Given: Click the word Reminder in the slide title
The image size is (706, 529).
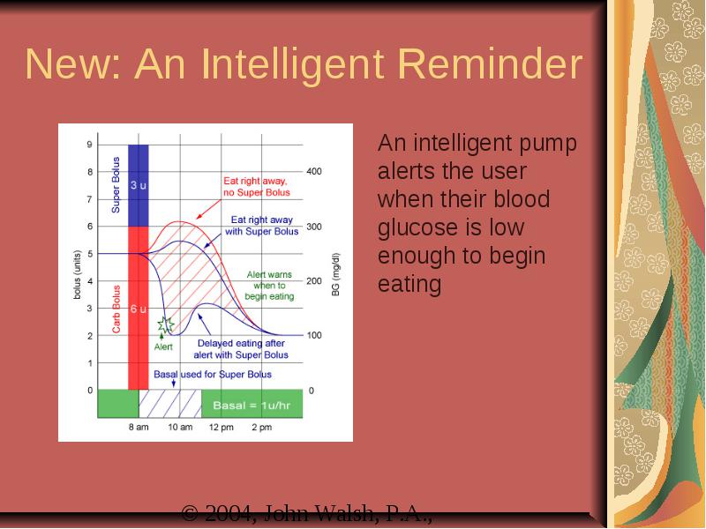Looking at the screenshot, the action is tap(491, 63).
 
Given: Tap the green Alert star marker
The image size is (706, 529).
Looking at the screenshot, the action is tap(165, 324).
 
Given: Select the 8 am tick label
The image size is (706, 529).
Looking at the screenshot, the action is tap(139, 427).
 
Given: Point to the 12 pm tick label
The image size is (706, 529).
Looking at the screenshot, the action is tap(222, 427).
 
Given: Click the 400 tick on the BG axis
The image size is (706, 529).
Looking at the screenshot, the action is tap(314, 171).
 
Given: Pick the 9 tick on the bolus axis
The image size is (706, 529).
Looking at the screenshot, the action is tap(90, 145).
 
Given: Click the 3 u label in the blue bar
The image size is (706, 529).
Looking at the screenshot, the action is tap(139, 185).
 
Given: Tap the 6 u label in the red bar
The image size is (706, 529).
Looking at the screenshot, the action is tap(139, 309).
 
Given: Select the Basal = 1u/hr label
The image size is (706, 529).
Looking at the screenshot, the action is tap(252, 406).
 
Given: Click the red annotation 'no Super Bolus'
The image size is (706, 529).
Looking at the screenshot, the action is tap(257, 192).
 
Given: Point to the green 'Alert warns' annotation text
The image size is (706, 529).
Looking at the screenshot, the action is tap(269, 274).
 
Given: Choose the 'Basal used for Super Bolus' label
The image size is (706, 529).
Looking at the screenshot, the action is tap(213, 374).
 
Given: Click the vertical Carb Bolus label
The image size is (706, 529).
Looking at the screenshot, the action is tap(116, 309).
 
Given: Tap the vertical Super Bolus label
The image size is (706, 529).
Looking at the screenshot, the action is tap(116, 185).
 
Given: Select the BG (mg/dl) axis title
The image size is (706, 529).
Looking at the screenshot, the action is tap(336, 275).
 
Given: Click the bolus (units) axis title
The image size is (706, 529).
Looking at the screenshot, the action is tap(78, 274).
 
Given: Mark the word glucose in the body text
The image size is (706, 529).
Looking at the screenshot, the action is tap(451, 227).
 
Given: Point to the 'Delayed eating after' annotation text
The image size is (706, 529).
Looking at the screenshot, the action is tap(241, 343).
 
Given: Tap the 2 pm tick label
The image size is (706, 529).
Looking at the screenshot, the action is tap(261, 427).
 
